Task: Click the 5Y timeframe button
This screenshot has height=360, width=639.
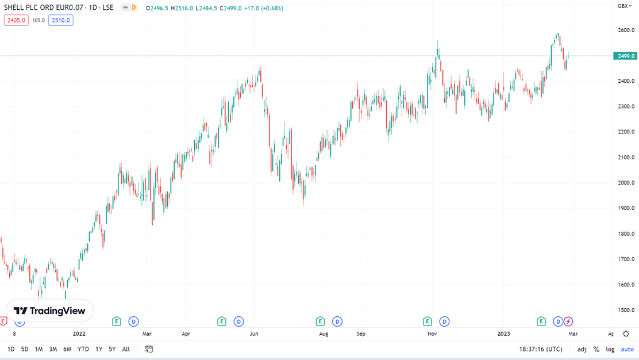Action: point(112,349)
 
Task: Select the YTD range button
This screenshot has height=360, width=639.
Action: point(83,349)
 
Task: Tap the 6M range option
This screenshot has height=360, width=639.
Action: point(67,349)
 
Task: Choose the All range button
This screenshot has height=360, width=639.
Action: point(126,349)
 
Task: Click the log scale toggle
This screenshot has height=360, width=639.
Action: point(610,349)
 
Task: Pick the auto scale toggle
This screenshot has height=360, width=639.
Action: point(627,349)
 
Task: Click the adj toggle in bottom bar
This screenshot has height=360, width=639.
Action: point(582,349)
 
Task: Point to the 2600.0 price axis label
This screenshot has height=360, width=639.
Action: point(626,30)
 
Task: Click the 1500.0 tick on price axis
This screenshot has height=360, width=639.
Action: point(626,310)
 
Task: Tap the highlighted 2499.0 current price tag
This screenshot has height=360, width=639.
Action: point(625,56)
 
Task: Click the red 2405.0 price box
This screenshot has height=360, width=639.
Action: point(16,20)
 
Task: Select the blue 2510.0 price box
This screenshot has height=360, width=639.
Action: point(60,20)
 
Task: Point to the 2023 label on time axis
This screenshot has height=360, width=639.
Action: point(503,334)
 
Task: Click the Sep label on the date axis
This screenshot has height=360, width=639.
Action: point(361,334)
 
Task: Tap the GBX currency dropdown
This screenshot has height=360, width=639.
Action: point(624,6)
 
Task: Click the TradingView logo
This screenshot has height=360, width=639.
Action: point(49,311)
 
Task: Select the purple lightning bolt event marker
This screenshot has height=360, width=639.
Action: point(568,321)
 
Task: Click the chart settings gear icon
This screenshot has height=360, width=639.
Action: point(626,334)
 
